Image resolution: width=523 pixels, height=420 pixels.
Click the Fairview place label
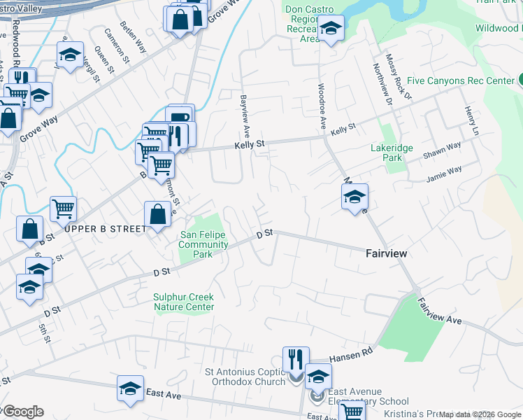point(387,253)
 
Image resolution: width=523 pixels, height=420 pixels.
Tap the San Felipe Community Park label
point(203,244)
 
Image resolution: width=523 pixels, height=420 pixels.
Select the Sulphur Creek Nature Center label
point(184,302)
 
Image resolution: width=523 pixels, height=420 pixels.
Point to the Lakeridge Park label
point(392,153)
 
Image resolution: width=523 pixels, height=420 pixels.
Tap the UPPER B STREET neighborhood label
point(106,229)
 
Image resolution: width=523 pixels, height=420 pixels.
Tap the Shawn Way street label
point(441,151)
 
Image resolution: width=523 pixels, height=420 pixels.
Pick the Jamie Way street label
point(445,173)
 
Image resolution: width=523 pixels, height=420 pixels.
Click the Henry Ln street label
point(471,121)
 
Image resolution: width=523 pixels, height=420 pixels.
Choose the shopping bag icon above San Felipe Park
point(157,215)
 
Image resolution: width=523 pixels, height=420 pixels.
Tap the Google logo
point(22,412)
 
